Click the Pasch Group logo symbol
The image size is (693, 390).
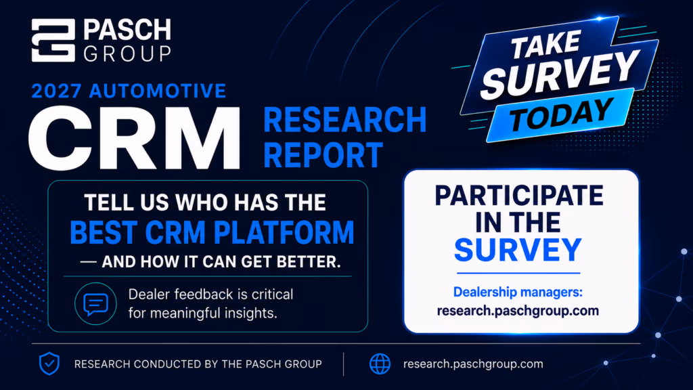[x=53, y=40]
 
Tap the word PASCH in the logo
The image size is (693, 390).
[x=127, y=30]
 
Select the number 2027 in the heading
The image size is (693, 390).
[x=57, y=91]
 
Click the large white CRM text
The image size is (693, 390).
[x=135, y=137]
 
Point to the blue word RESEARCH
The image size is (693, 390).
[x=345, y=120]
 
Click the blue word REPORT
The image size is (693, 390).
[x=323, y=155]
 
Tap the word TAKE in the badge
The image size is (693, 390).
[x=546, y=44]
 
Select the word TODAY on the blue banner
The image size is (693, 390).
[x=561, y=114]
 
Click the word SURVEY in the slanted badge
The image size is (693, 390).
[x=560, y=74]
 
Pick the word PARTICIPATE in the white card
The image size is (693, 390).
[x=519, y=196]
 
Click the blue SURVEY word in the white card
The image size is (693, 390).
[x=518, y=250]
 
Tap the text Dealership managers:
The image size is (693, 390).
[x=518, y=292]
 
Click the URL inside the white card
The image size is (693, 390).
[x=518, y=311]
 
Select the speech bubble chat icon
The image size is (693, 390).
[x=95, y=304]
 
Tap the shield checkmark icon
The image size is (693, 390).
[x=49, y=364]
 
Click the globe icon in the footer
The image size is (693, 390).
[x=380, y=364]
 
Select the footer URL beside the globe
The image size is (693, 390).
[x=473, y=364]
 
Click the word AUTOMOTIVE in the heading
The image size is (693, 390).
[x=157, y=91]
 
